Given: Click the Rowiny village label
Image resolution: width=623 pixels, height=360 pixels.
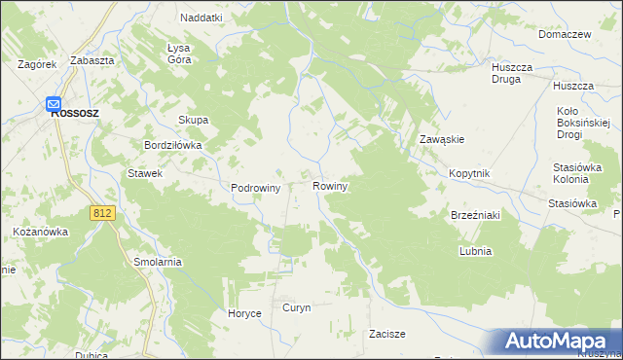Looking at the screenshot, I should coord(330,185).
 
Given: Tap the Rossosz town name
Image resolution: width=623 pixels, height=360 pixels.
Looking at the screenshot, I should coord(79,112).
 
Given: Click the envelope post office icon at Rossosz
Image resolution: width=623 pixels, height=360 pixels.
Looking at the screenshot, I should coord(54,102).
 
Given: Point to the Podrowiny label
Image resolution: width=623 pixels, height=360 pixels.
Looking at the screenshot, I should coord(255,188).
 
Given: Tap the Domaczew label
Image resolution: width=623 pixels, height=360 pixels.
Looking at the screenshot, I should coord(565,34).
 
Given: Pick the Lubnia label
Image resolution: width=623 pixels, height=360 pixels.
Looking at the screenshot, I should coord(475,250).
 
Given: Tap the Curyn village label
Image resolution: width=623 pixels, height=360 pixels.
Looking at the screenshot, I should coord(296,307).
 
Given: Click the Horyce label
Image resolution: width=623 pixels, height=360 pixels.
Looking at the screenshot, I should coord(243,313).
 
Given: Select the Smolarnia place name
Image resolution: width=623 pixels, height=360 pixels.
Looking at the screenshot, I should coord(158,262).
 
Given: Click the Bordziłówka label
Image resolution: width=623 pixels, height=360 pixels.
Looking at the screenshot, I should coord(172,145).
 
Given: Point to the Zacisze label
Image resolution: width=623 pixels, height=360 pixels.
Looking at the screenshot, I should coord(386,334).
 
